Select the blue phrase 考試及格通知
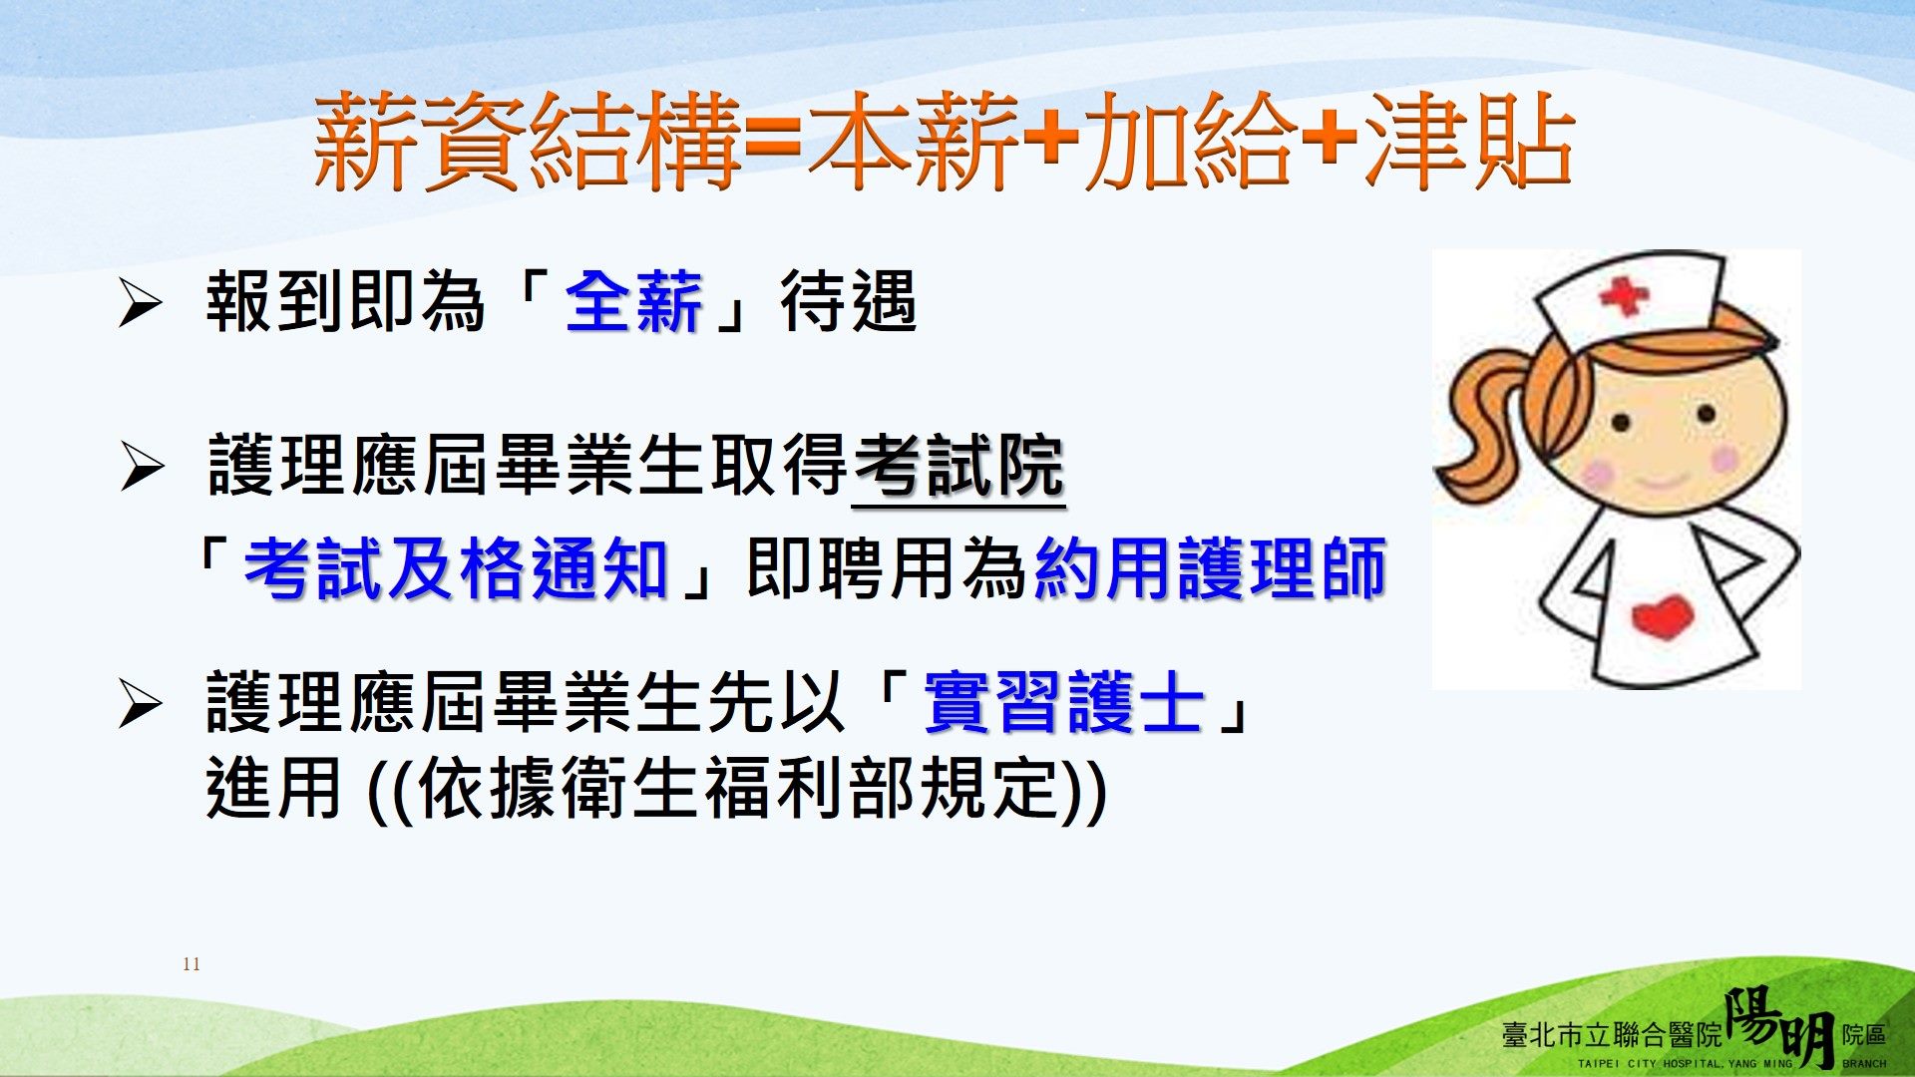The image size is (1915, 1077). [x=456, y=569]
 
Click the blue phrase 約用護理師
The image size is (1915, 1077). [x=1211, y=569]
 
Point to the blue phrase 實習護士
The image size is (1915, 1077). [x=1063, y=702]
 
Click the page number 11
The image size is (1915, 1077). [x=191, y=964]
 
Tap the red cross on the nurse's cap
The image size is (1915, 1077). [x=1624, y=295]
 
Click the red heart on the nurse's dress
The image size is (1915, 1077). [x=1663, y=616]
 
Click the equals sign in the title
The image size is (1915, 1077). [x=773, y=143]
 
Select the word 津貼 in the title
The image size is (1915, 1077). [x=1468, y=141]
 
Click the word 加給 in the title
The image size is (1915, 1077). [x=1190, y=141]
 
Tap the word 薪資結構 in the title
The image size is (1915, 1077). [x=527, y=141]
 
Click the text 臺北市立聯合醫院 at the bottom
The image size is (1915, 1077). [x=1613, y=1035]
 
